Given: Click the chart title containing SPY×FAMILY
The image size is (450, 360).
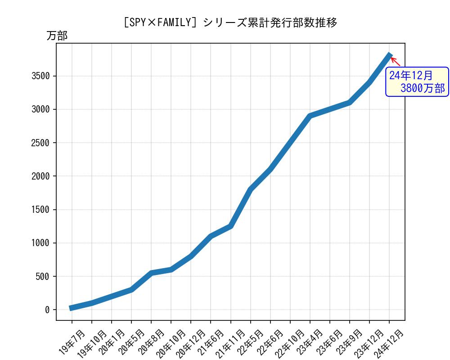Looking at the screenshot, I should pyautogui.click(x=230, y=22).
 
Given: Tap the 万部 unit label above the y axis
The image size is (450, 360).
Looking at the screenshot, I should pyautogui.click(x=57, y=36).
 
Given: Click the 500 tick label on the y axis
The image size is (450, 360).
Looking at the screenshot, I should pyautogui.click(x=43, y=276).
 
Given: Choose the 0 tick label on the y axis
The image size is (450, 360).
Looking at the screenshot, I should pyautogui.click(x=47, y=310).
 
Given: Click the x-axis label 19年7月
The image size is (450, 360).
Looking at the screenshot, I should pyautogui.click(x=72, y=342).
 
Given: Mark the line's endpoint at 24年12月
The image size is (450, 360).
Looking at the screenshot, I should pyautogui.click(x=390, y=55).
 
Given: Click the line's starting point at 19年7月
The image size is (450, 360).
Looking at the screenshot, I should pyautogui.click(x=72, y=308).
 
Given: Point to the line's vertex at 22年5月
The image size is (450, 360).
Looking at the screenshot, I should pyautogui.click(x=250, y=189).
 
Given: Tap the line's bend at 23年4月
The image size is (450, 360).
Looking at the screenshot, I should pyautogui.click(x=310, y=116).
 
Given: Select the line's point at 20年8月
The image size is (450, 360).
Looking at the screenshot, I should pyautogui.click(x=151, y=273).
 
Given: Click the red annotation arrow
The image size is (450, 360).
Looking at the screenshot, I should pyautogui.click(x=395, y=61).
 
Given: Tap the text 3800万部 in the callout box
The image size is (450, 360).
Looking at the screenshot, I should pyautogui.click(x=422, y=88).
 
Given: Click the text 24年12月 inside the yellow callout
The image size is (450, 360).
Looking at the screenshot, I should pyautogui.click(x=410, y=75).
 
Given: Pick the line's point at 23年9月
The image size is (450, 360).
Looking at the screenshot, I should pyautogui.click(x=350, y=103).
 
